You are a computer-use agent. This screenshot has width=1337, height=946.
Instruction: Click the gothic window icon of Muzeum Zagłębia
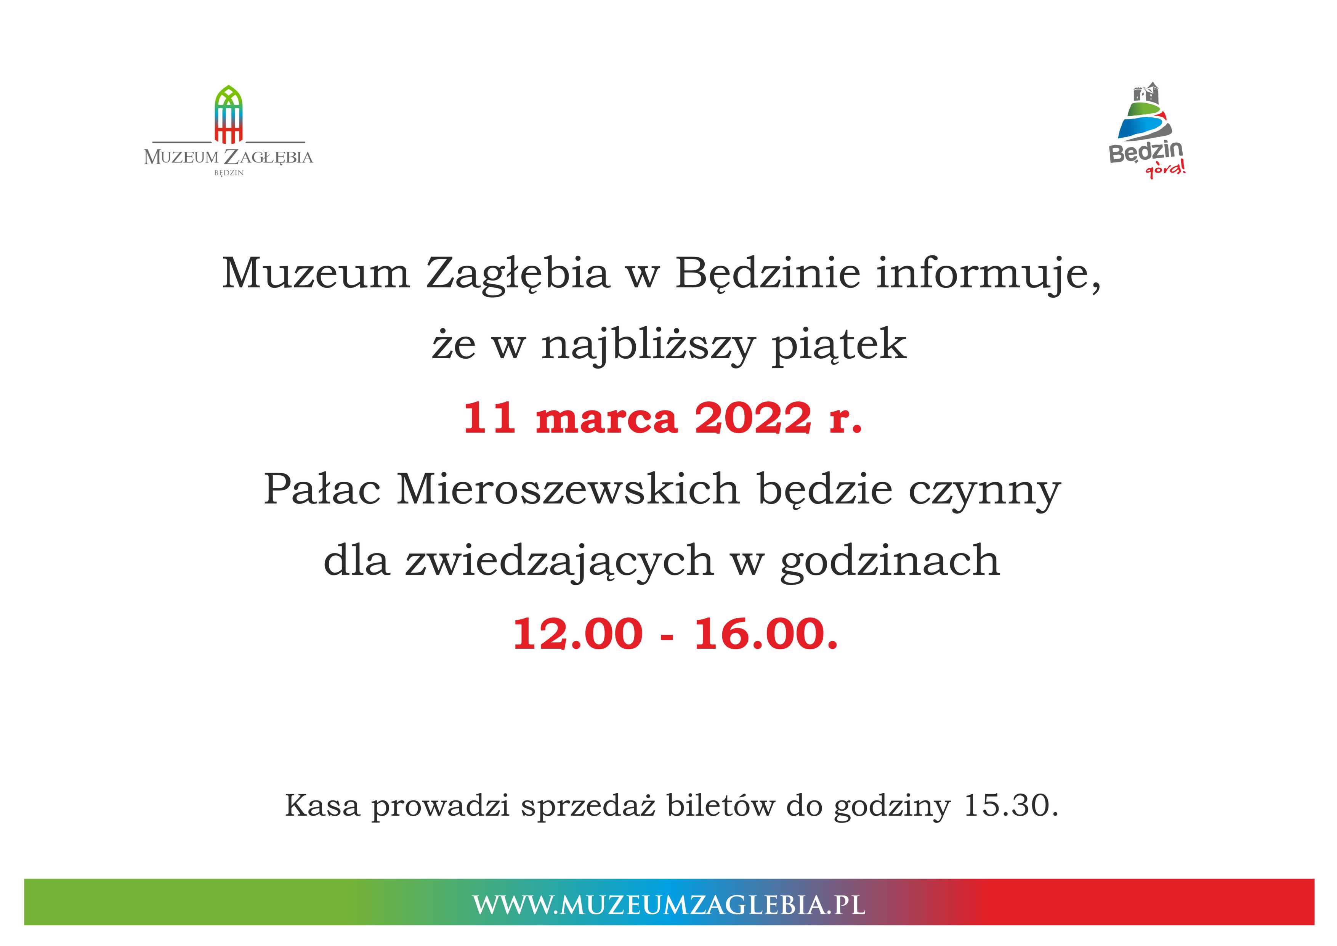tap(228, 114)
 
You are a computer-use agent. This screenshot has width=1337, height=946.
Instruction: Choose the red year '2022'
tap(753, 418)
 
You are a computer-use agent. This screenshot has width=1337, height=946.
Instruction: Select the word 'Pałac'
tap(322, 489)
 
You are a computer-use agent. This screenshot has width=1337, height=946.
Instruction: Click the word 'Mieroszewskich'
tap(568, 489)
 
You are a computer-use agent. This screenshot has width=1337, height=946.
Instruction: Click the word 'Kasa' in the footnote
tap(322, 806)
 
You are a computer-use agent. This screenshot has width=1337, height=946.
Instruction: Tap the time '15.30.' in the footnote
tap(1011, 806)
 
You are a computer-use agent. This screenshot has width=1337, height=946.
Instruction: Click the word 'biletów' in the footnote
tap(721, 806)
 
